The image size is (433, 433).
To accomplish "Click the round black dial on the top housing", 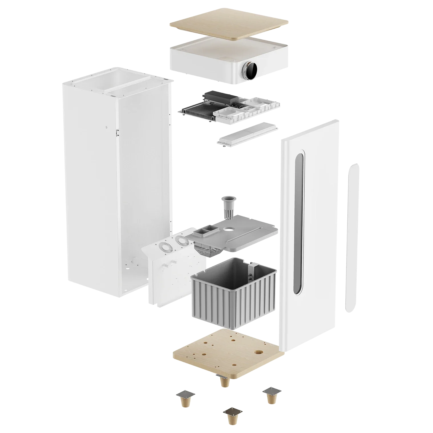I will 250,68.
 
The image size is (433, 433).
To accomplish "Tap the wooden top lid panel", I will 230,25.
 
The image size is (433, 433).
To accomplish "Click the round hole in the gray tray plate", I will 228,228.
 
